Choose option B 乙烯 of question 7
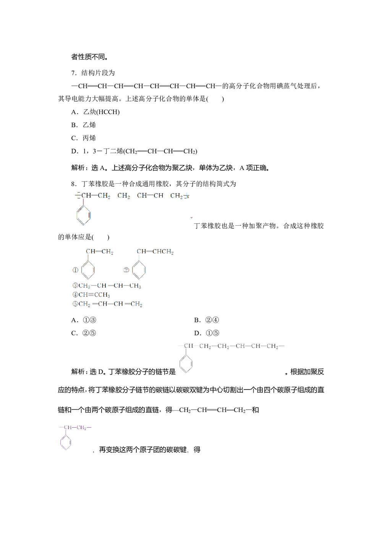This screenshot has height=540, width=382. coord(84,125)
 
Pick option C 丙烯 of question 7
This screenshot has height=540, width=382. coord(84,138)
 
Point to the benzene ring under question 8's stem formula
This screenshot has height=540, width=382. coord(83,215)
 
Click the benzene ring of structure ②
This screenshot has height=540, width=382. coord(139,270)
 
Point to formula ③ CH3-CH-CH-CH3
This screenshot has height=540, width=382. coord(107,286)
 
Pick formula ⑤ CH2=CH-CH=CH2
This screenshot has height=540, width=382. coord(107,304)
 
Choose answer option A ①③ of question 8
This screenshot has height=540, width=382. coord(84,320)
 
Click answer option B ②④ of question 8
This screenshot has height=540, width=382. coord(207,320)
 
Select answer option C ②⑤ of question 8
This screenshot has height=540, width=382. coord(84,333)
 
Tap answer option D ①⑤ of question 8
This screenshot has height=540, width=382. coord(207,333)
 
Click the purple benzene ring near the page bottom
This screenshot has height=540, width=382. coord(66,443)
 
